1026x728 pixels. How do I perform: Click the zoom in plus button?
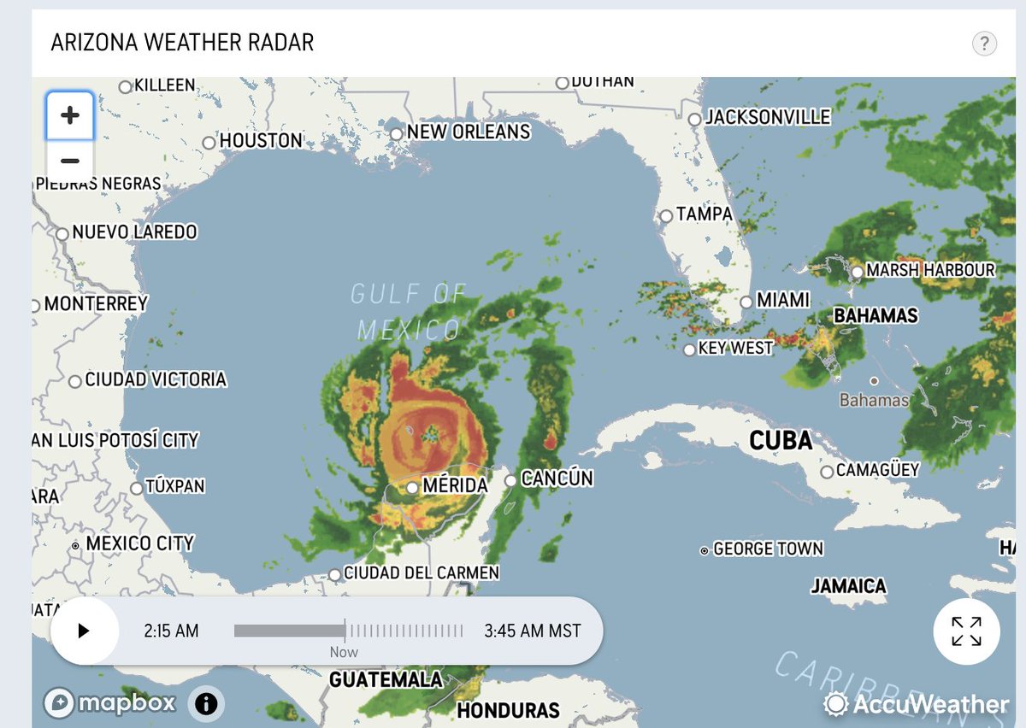70,115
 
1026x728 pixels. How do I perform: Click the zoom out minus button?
70,161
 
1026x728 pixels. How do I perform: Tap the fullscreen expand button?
966,631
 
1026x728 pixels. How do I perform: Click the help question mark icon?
984,44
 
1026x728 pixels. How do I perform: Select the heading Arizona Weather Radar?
182,43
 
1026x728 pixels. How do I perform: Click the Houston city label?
261,141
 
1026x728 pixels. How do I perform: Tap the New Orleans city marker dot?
396,134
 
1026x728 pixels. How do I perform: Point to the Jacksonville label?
767,117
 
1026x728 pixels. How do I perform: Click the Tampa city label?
705,214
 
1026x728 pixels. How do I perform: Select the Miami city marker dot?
746,302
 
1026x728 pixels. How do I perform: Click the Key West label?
735,349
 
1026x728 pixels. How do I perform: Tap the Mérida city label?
455,486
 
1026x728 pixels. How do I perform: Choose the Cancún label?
557,478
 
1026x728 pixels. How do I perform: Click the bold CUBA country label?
781,441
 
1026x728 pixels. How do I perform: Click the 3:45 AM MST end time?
532,631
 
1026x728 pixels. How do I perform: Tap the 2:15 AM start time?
171,631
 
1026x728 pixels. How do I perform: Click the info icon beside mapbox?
206,704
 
